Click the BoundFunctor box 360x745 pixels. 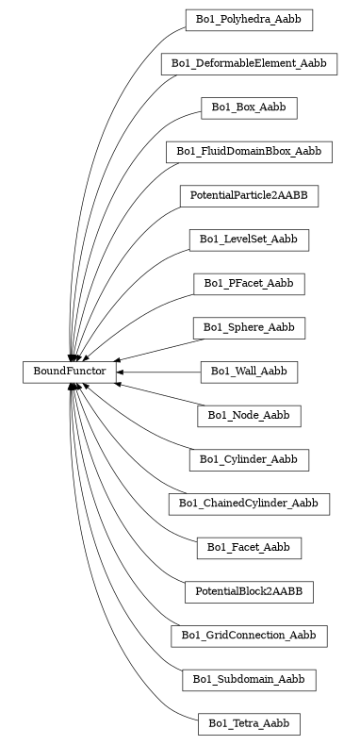[x=70, y=372]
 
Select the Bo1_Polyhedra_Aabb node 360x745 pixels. [x=249, y=19]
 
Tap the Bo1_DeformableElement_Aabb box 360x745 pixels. [x=249, y=63]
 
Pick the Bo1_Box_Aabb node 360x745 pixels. [x=249, y=108]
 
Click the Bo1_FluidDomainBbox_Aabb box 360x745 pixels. [x=249, y=151]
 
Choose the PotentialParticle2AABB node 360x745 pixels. [x=249, y=195]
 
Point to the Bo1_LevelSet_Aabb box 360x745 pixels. [x=249, y=240]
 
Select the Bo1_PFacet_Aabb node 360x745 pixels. [x=249, y=283]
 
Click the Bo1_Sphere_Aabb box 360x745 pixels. [x=249, y=327]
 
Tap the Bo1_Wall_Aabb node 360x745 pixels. [x=249, y=372]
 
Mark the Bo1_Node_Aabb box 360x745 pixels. [x=249, y=415]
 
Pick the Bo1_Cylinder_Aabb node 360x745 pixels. [x=249, y=459]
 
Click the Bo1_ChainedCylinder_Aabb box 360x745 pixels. [x=249, y=504]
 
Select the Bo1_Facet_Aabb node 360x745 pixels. [x=249, y=547]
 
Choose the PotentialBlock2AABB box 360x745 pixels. [x=249, y=591]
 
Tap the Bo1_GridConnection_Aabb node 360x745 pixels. [x=249, y=636]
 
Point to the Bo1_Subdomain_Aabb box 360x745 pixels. [x=249, y=679]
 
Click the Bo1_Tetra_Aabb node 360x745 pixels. [x=249, y=723]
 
